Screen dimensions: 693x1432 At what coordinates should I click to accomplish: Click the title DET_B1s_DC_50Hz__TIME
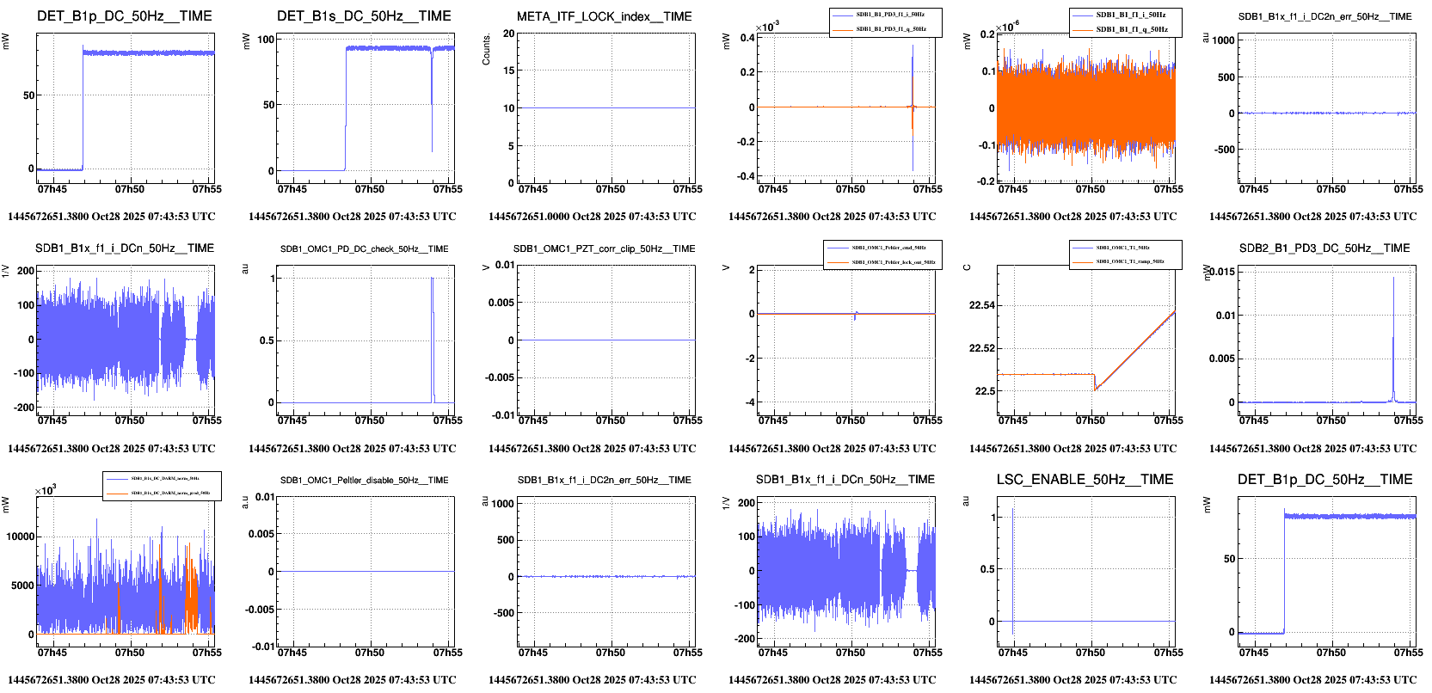tap(364, 16)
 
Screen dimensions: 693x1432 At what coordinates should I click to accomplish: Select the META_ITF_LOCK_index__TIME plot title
tap(604, 16)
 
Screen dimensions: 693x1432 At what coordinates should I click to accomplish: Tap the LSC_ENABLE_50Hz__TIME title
tap(1085, 480)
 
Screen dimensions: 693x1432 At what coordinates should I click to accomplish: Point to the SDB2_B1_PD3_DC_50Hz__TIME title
tap(1324, 248)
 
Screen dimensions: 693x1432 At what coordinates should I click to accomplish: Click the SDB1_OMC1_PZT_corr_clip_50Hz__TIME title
tap(604, 248)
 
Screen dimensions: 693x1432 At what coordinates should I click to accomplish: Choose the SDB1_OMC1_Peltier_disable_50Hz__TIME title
tap(364, 480)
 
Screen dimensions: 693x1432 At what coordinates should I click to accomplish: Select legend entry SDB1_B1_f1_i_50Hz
tap(1131, 15)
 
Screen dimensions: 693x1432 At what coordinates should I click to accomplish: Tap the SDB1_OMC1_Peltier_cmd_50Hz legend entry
tap(888, 248)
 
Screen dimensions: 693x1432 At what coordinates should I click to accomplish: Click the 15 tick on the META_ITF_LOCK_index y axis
tap(509, 71)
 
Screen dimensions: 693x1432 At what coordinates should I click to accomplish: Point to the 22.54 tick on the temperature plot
tap(981, 305)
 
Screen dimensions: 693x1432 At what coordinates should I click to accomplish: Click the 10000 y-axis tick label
tap(21, 537)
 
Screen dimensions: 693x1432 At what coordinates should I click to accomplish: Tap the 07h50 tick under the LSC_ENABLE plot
tap(1091, 653)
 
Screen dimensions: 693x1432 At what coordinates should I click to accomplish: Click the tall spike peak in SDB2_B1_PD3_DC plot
tap(1393, 278)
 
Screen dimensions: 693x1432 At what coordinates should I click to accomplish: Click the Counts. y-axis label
tap(487, 50)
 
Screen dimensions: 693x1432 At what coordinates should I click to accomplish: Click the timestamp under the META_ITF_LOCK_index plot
tap(592, 217)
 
